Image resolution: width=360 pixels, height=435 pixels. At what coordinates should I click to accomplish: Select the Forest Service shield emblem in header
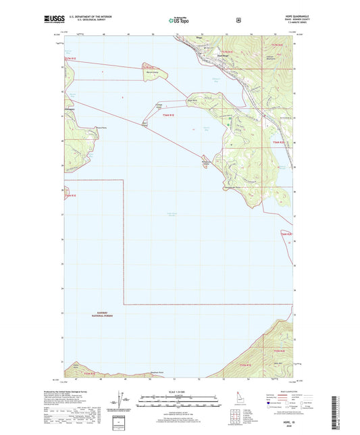pyautogui.click(x=237, y=20)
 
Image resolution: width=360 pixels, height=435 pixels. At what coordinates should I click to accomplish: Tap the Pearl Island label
pyautogui.click(x=144, y=124)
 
